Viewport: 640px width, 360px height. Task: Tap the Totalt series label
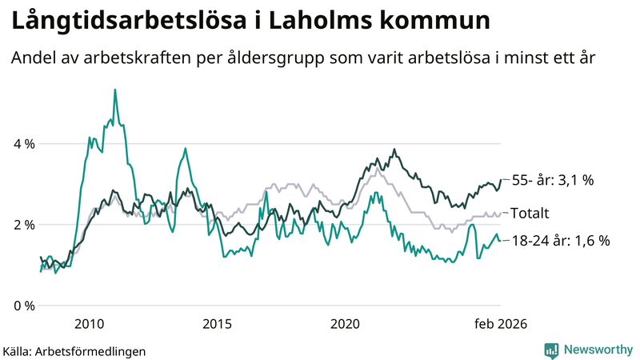coord(530,214)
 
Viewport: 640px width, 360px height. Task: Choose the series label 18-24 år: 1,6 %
coord(561,240)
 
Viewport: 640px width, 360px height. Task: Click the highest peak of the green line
coord(115,90)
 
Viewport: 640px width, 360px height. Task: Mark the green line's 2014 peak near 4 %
coord(186,149)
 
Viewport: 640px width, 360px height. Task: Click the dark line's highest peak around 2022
coord(394,150)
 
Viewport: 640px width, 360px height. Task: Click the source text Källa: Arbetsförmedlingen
coord(74,350)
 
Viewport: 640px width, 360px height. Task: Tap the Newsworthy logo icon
coord(551,350)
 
